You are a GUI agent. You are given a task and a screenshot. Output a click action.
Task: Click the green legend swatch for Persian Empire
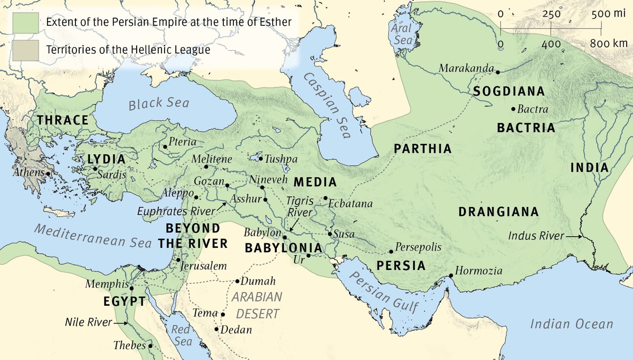click(x=25, y=22)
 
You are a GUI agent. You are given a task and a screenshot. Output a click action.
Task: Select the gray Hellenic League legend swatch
click(x=25, y=49)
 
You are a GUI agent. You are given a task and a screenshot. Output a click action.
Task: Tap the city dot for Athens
click(x=48, y=173)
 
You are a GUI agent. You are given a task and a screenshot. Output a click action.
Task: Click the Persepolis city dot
click(x=391, y=251)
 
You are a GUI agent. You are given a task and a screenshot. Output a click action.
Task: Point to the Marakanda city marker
click(x=497, y=72)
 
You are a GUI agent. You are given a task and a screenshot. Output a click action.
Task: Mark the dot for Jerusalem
click(x=179, y=260)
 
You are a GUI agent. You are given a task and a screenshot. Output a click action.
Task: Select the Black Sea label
click(x=159, y=103)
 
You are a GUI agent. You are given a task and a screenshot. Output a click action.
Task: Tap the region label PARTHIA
click(x=422, y=149)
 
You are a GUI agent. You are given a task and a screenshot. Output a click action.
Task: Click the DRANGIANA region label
click(x=498, y=212)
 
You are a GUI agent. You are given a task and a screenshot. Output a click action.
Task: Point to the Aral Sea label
click(x=402, y=34)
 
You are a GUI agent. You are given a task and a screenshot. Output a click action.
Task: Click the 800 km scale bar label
click(x=609, y=44)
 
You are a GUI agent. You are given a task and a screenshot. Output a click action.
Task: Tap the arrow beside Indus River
click(x=575, y=236)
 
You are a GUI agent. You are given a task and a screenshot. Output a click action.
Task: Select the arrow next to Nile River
click(x=121, y=323)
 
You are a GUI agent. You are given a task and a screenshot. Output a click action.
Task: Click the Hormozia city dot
click(x=451, y=275)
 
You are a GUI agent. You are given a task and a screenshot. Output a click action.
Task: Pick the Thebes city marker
click(x=150, y=346)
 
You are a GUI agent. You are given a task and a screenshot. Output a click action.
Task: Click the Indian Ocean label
click(x=572, y=324)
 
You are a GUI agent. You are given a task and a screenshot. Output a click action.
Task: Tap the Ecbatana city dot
click(x=325, y=198)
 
